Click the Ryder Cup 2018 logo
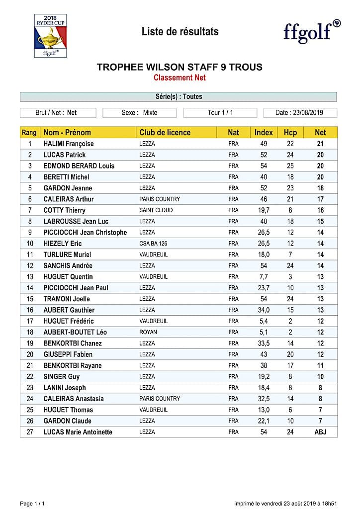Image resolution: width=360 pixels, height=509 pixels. click(x=50, y=35)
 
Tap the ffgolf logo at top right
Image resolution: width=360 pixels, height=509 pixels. click(x=312, y=31)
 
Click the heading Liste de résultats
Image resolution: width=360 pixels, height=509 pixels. click(x=180, y=32)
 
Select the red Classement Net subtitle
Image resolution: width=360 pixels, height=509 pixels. click(x=180, y=78)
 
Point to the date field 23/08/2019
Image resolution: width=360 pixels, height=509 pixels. click(x=300, y=113)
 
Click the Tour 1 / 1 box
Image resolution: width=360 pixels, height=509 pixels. click(x=220, y=113)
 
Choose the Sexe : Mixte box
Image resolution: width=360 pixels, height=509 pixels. click(x=139, y=113)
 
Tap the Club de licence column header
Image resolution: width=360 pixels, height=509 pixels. click(x=165, y=133)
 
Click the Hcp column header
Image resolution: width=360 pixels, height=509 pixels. click(x=290, y=133)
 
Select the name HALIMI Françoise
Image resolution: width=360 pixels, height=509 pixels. click(x=69, y=144)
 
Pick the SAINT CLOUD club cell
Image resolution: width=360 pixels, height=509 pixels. click(x=156, y=210)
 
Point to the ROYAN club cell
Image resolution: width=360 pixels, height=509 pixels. click(x=148, y=332)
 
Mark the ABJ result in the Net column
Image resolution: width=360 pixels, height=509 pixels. click(x=320, y=432)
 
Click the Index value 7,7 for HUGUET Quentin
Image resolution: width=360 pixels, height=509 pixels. click(x=264, y=277)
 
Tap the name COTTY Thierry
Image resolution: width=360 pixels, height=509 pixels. click(x=64, y=210)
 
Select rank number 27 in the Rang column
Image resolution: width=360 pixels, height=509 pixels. click(x=30, y=432)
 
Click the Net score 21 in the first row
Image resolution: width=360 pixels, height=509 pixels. click(x=320, y=144)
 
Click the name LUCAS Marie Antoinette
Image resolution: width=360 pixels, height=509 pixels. click(x=78, y=432)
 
